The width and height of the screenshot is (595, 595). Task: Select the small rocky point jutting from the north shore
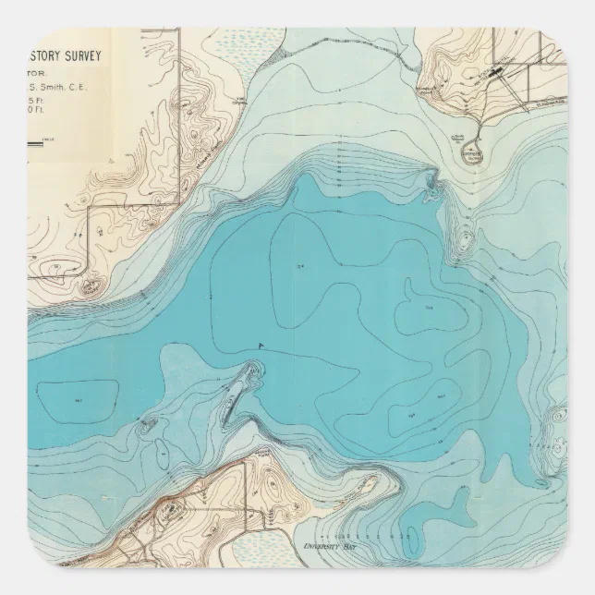click(431, 181)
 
